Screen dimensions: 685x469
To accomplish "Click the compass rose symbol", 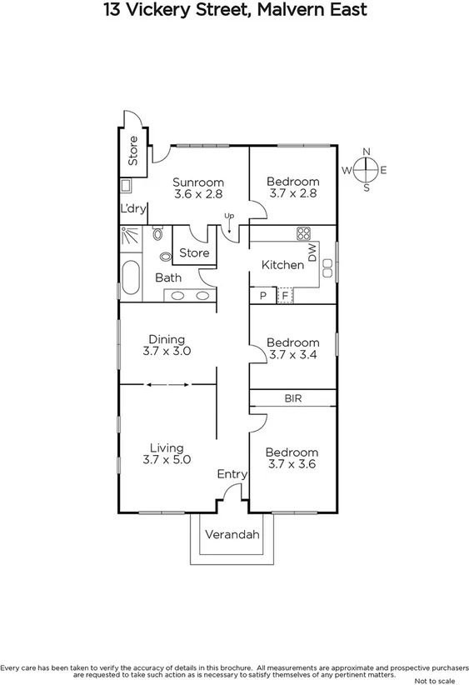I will (x=365, y=170).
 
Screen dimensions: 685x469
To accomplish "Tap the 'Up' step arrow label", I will (x=229, y=217).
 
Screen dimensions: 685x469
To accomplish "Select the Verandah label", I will (x=232, y=534).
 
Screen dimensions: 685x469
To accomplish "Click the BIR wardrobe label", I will (x=292, y=399).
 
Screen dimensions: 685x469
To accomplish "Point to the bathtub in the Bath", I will (x=131, y=280).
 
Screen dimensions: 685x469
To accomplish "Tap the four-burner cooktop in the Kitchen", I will (x=303, y=233).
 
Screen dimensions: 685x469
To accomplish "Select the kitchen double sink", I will (x=327, y=267).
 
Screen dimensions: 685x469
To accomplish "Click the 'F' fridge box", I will (x=285, y=295).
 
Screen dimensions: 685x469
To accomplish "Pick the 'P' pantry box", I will (x=262, y=295).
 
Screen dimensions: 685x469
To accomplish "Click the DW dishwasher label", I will (x=312, y=252).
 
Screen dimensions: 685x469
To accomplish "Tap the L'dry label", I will (x=132, y=208).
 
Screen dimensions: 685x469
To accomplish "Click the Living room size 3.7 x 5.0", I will (x=167, y=459).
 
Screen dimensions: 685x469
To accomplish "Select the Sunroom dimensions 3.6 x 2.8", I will (x=198, y=194).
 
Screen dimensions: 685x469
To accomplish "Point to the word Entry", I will (x=232, y=474).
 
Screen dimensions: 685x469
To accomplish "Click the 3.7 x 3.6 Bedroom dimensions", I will (x=292, y=464).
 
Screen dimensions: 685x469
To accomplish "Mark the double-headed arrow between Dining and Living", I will (x=167, y=384).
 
